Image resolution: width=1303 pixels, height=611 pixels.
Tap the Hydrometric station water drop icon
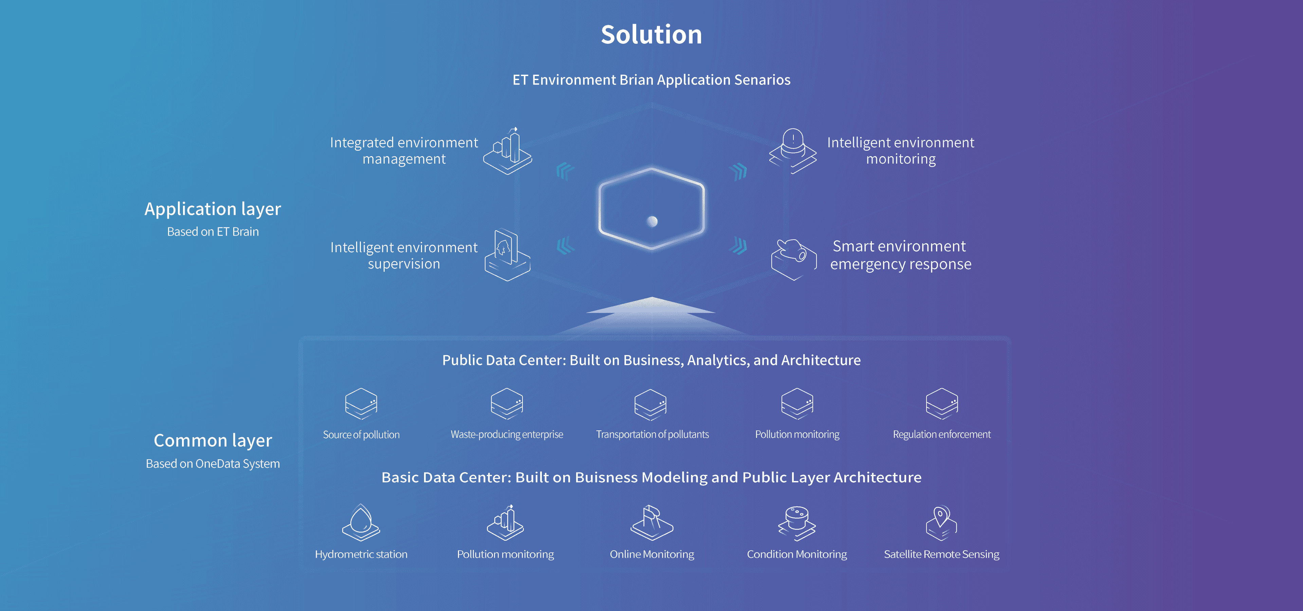pyautogui.click(x=361, y=522)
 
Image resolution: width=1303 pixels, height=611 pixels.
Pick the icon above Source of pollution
pyautogui.click(x=361, y=404)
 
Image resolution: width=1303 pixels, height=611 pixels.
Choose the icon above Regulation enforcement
pyautogui.click(x=942, y=404)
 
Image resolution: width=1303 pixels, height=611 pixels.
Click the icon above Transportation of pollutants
pyautogui.click(x=650, y=404)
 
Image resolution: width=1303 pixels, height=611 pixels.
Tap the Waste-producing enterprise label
pyautogui.click(x=507, y=434)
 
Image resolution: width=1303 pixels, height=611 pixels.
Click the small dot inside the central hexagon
pyautogui.click(x=652, y=221)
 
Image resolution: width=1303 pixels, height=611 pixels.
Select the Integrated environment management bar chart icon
pyautogui.click(x=507, y=151)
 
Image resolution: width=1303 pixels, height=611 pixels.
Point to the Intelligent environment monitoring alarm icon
pyautogui.click(x=793, y=151)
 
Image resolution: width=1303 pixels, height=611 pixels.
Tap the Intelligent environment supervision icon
pyautogui.click(x=507, y=255)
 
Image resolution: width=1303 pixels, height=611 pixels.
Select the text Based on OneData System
pyautogui.click(x=213, y=464)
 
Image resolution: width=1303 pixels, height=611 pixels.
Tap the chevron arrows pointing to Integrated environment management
pyautogui.click(x=565, y=171)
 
